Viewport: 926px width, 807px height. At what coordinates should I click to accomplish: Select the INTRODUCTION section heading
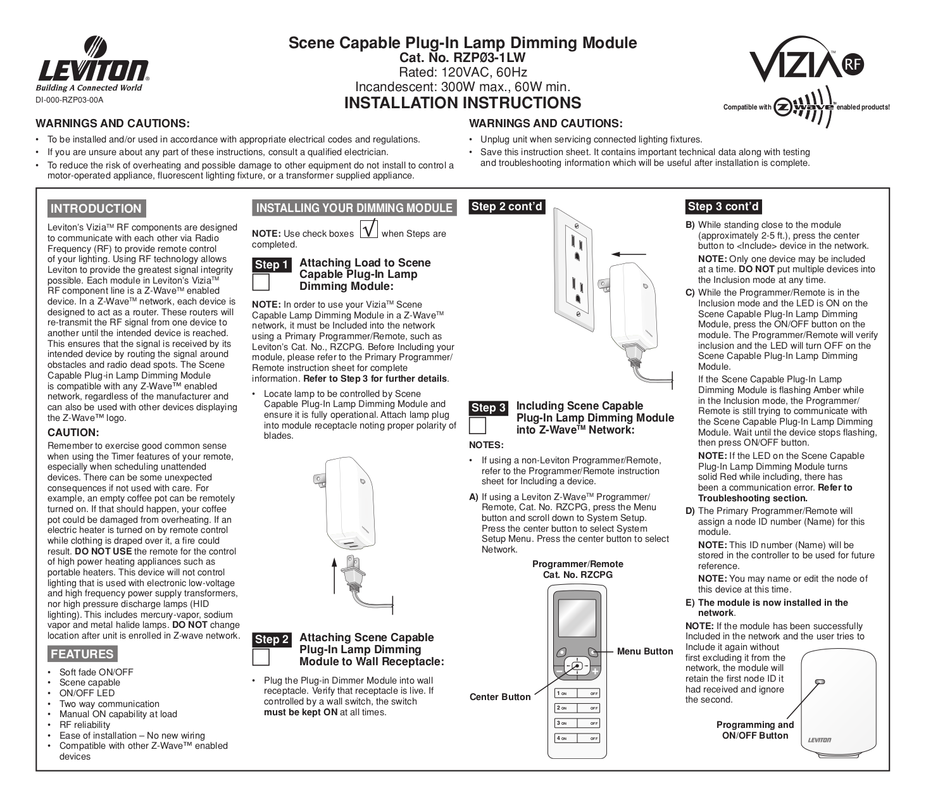click(x=96, y=209)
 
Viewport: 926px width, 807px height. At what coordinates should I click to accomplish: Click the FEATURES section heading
click(x=82, y=654)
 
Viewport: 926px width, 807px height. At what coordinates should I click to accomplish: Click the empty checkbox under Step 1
click(x=261, y=282)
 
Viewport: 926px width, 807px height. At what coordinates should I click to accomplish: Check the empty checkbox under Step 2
click(x=261, y=657)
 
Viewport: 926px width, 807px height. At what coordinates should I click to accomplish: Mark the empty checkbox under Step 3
click(x=478, y=425)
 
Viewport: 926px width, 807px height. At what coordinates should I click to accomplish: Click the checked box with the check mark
click(x=369, y=228)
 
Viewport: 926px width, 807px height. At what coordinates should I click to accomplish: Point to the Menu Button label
click(x=644, y=651)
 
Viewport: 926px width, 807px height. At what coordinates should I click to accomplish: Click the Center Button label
click(x=500, y=697)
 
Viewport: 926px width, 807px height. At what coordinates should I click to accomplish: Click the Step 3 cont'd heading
click(x=723, y=206)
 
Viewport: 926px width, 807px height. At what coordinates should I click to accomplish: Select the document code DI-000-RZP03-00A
click(x=69, y=100)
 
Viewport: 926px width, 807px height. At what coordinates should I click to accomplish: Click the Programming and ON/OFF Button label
click(x=754, y=730)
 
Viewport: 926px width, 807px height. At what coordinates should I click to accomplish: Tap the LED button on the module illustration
click(x=820, y=682)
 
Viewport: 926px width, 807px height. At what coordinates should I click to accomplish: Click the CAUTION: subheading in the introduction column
click(x=73, y=433)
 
